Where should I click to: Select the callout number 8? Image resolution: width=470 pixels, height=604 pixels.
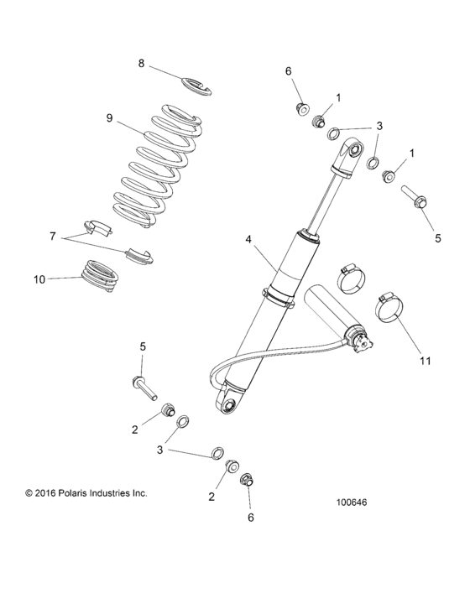142,63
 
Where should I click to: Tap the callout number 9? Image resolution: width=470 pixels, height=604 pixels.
109,117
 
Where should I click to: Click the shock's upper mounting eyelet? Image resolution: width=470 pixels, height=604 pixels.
350,154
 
